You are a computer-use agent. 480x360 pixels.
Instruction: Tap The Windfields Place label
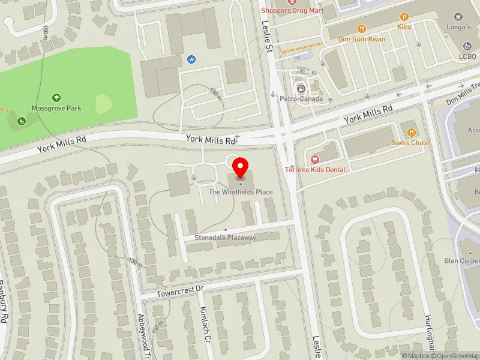(241, 192)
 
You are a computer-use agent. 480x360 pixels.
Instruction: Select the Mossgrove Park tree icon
(56, 97)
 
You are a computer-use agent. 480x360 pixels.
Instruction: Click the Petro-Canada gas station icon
(298, 88)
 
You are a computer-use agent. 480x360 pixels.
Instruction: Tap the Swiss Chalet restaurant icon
(412, 132)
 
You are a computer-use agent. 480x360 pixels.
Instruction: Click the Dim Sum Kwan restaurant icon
(361, 28)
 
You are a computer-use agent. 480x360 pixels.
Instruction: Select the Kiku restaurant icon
(404, 16)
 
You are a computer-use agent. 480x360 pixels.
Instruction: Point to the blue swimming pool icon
(191, 59)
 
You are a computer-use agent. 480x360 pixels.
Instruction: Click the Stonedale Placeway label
(225, 238)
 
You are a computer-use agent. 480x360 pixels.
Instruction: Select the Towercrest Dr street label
(181, 292)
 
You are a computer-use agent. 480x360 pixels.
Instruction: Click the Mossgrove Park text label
(56, 108)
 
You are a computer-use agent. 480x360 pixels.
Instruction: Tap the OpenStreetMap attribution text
(452, 356)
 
